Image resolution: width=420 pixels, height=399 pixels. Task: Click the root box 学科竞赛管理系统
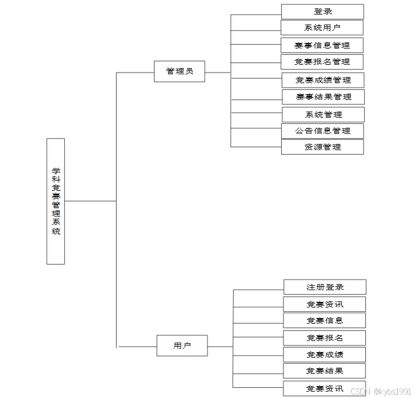tap(56, 201)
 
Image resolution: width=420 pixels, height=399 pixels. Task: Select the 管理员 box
tap(180, 71)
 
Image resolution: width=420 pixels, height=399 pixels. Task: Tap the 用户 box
tap(182, 346)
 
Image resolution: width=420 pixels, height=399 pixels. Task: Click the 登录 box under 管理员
tap(322, 12)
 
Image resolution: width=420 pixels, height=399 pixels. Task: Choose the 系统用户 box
tap(322, 28)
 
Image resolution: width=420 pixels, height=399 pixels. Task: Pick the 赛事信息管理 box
tap(322, 45)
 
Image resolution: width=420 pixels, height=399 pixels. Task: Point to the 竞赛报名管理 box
tap(322, 61)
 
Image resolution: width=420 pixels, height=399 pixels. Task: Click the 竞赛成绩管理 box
tap(323, 80)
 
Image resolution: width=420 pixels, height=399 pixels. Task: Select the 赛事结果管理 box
tap(324, 97)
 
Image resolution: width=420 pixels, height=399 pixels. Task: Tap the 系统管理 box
tap(324, 114)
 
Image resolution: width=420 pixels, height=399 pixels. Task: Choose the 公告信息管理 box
tap(323, 131)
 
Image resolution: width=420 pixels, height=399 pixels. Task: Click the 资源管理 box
tap(322, 147)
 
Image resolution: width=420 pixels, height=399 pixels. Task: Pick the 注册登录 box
tap(325, 287)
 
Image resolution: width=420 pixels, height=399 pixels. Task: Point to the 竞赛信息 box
tap(325, 320)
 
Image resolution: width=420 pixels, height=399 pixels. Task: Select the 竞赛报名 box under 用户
tap(325, 338)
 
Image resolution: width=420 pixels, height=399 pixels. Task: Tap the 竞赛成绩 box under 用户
tap(325, 354)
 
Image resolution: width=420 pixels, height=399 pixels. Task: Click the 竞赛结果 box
tap(325, 371)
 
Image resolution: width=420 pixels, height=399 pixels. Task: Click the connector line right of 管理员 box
tap(218, 72)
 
